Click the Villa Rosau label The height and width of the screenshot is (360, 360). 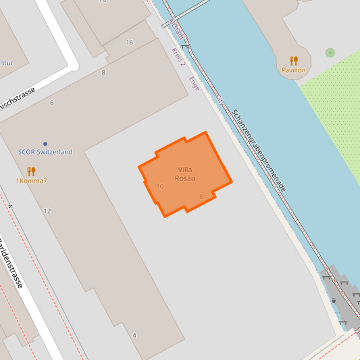[x=185, y=174]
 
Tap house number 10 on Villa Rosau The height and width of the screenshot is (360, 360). [x=160, y=186]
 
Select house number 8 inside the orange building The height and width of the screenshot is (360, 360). [x=201, y=197]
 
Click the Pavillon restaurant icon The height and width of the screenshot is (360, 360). [x=294, y=60]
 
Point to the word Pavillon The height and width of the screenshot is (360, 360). [x=294, y=70]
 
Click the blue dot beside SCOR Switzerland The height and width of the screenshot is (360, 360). [x=45, y=144]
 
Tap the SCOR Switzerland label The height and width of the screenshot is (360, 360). [x=45, y=153]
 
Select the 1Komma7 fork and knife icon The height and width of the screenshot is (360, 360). [x=31, y=171]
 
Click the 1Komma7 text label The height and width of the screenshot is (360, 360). [x=32, y=181]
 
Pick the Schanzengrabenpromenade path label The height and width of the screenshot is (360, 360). [x=259, y=150]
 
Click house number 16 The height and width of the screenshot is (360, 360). [x=129, y=43]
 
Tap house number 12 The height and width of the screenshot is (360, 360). [x=47, y=211]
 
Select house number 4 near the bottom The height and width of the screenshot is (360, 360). [x=134, y=336]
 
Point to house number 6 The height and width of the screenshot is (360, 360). [x=51, y=103]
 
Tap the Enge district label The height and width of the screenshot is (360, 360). [x=195, y=84]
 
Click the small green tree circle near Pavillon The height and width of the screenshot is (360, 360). [x=330, y=52]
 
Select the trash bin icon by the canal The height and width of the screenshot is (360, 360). [x=334, y=301]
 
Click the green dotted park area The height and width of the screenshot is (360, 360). [x=334, y=115]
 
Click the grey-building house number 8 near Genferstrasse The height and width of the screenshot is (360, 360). [x=103, y=72]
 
